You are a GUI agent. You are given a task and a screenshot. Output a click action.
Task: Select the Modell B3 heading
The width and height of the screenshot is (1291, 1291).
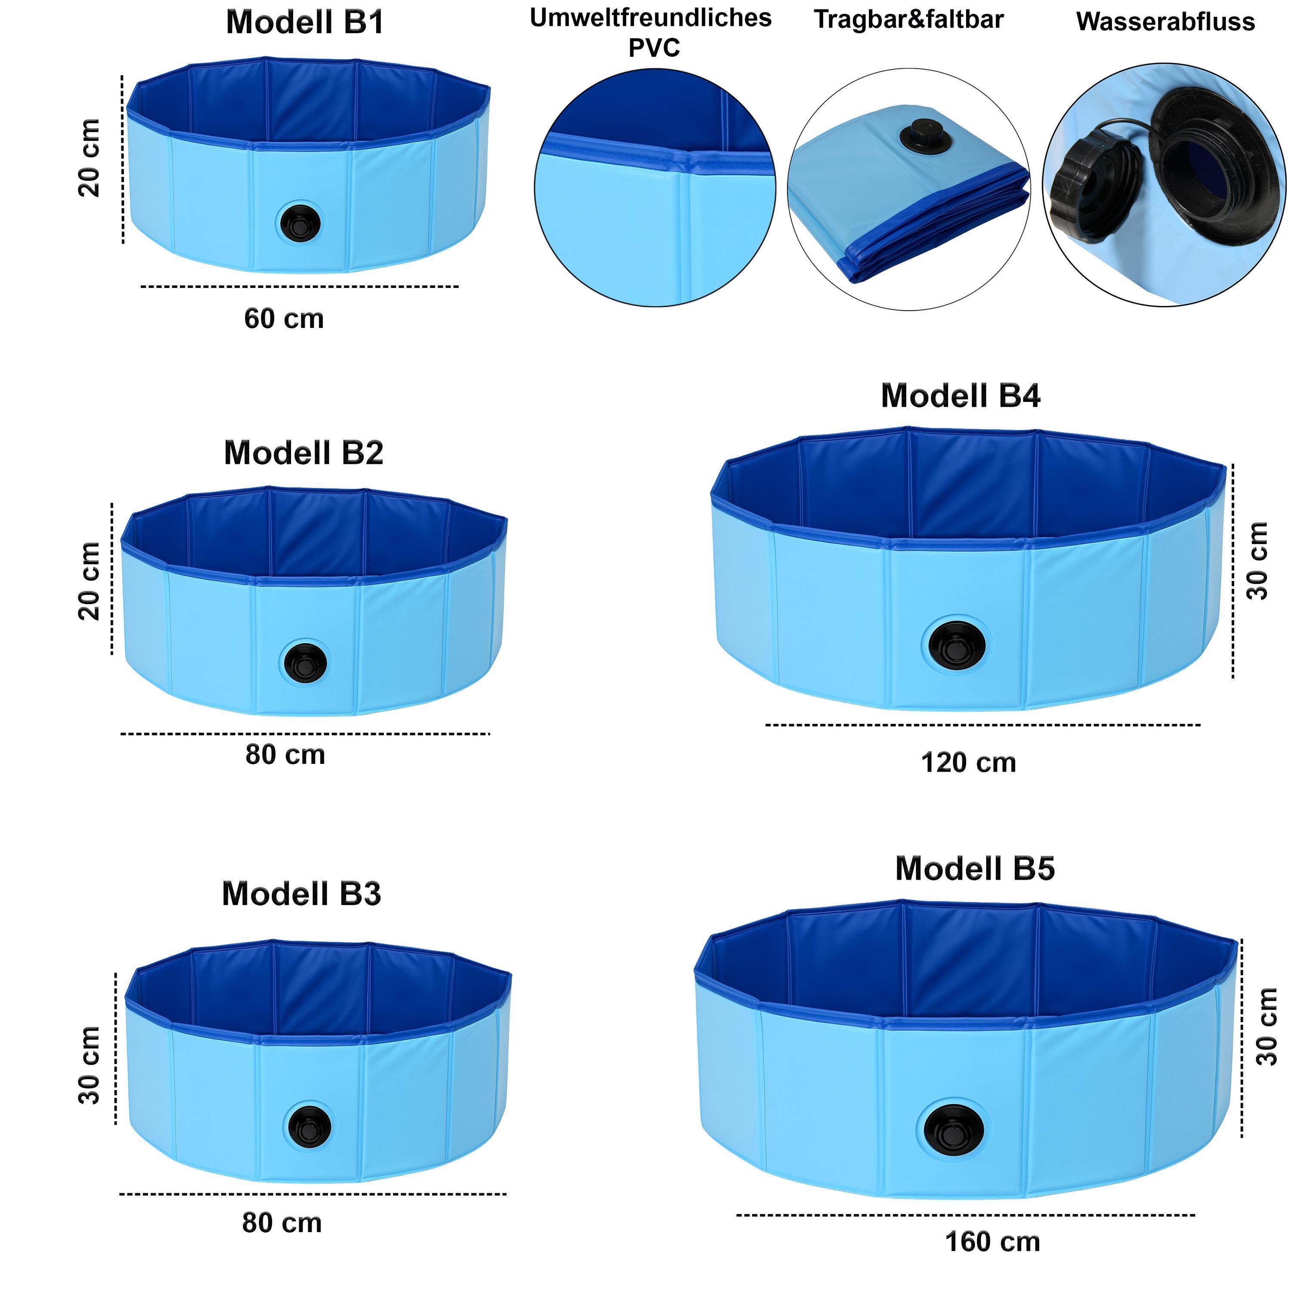301,894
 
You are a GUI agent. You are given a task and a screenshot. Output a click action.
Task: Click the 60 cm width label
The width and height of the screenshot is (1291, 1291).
284,319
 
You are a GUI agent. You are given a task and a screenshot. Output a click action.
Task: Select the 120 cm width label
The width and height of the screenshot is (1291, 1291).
968,763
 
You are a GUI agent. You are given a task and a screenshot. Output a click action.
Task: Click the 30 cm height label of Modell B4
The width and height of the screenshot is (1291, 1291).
1257,561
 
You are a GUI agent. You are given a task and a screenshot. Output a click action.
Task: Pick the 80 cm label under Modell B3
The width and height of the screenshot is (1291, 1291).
282,1223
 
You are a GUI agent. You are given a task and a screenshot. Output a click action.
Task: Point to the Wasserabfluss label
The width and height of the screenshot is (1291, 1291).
1165,22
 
